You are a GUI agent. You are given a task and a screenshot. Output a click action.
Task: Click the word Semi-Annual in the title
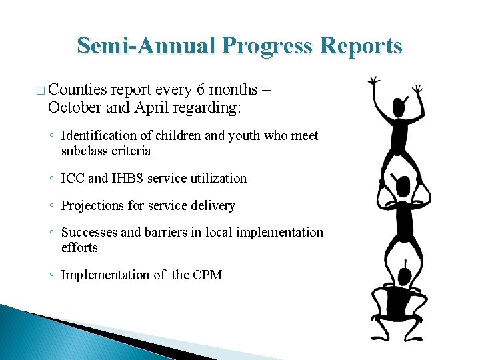147,45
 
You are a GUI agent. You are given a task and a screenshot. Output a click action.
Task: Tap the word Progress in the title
271,45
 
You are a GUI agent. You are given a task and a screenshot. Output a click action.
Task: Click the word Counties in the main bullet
77,89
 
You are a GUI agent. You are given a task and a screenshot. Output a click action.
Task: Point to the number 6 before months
201,89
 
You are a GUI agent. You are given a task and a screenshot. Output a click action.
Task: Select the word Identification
98,136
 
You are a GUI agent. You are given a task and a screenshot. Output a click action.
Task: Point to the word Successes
89,233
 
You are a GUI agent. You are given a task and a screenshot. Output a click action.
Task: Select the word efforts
79,248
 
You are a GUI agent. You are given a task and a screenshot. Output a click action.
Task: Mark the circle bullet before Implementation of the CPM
51,275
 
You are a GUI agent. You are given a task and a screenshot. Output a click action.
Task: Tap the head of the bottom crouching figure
404,276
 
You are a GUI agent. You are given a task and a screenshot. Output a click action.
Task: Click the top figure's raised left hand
375,81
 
